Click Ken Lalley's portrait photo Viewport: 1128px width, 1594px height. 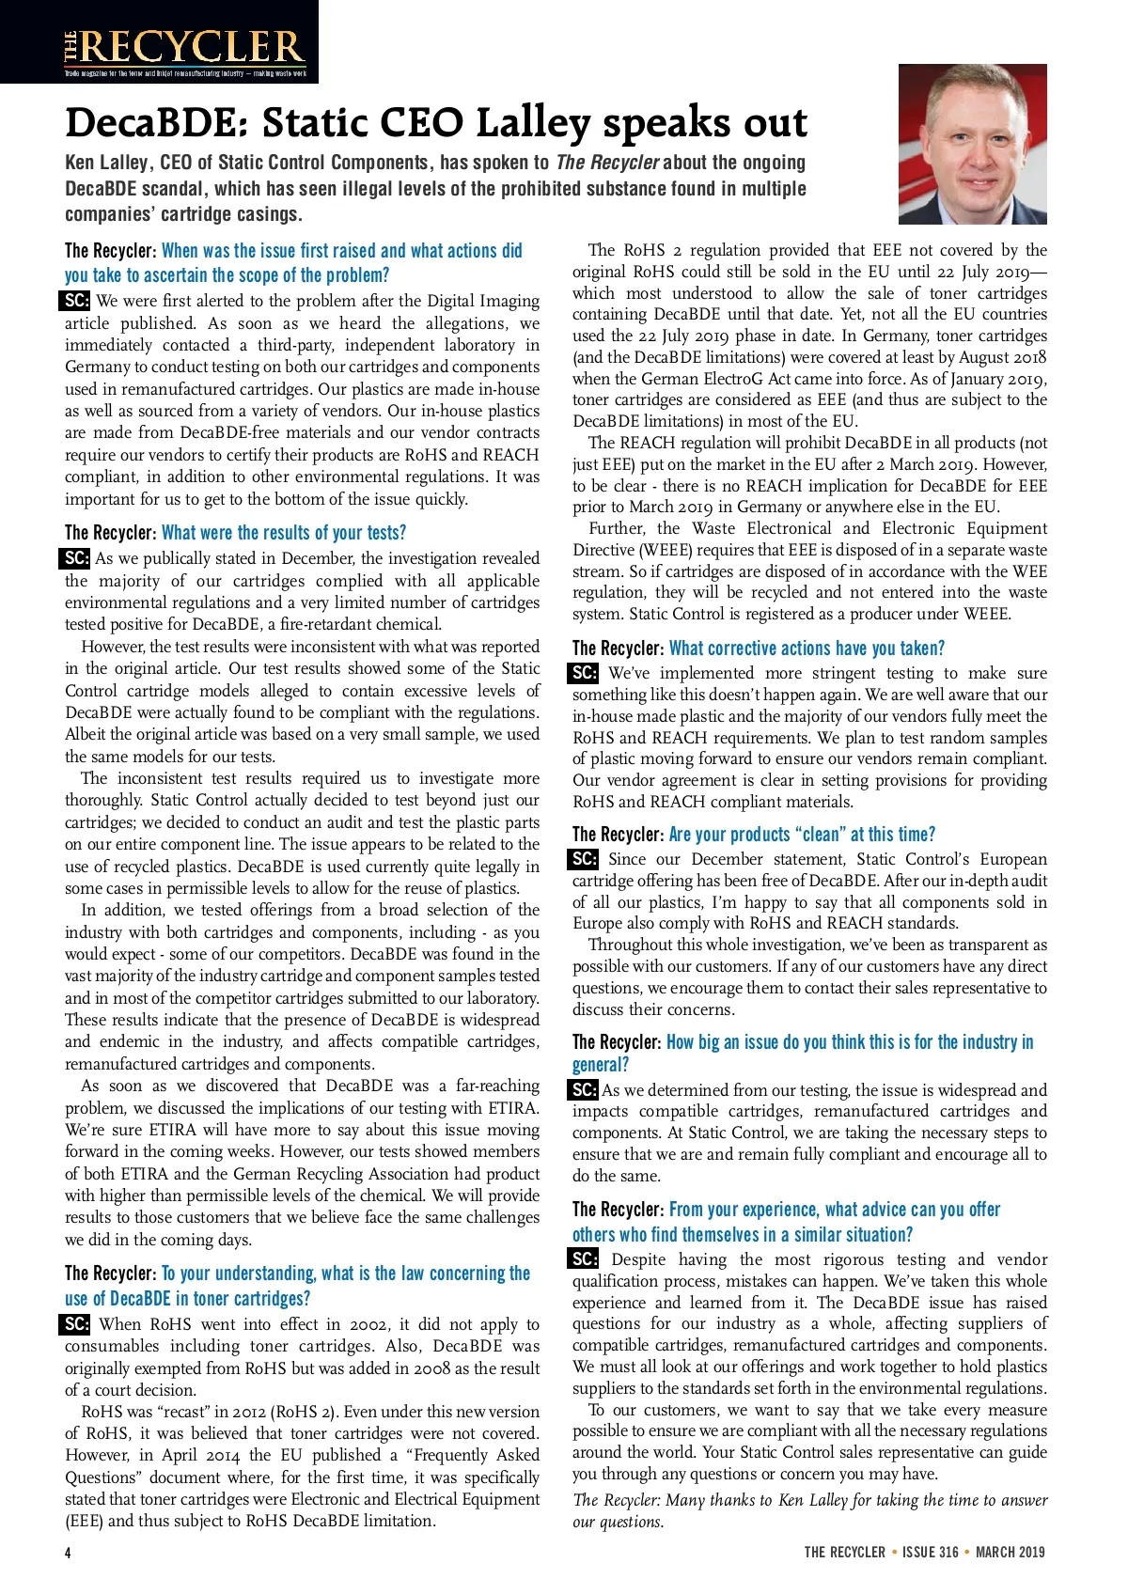pyautogui.click(x=972, y=144)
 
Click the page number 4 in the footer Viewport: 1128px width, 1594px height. pyautogui.click(x=68, y=1552)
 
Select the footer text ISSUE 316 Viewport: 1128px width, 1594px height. pyautogui.click(x=930, y=1552)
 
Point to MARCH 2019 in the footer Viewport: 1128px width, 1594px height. pyautogui.click(x=1010, y=1552)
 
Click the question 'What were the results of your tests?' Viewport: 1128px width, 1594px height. pyautogui.click(x=284, y=533)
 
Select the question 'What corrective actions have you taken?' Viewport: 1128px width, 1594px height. pyautogui.click(x=807, y=649)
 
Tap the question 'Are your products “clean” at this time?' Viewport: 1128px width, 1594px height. pyautogui.click(x=802, y=835)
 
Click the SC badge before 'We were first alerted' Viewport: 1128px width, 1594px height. pyautogui.click(x=75, y=302)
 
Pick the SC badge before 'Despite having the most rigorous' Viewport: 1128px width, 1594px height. pyautogui.click(x=584, y=1258)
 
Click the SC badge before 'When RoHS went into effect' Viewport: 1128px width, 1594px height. pyautogui.click(x=75, y=1324)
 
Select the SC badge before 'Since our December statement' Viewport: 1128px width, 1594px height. pyautogui.click(x=584, y=859)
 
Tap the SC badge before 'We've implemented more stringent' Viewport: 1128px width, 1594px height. pyautogui.click(x=584, y=673)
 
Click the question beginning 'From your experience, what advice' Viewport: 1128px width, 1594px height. pyautogui.click(x=835, y=1210)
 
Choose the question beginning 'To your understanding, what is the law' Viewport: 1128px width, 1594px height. pyautogui.click(x=346, y=1274)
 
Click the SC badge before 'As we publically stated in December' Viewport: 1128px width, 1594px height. pyautogui.click(x=75, y=558)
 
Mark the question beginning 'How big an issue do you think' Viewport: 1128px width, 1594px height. pyautogui.click(x=850, y=1042)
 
